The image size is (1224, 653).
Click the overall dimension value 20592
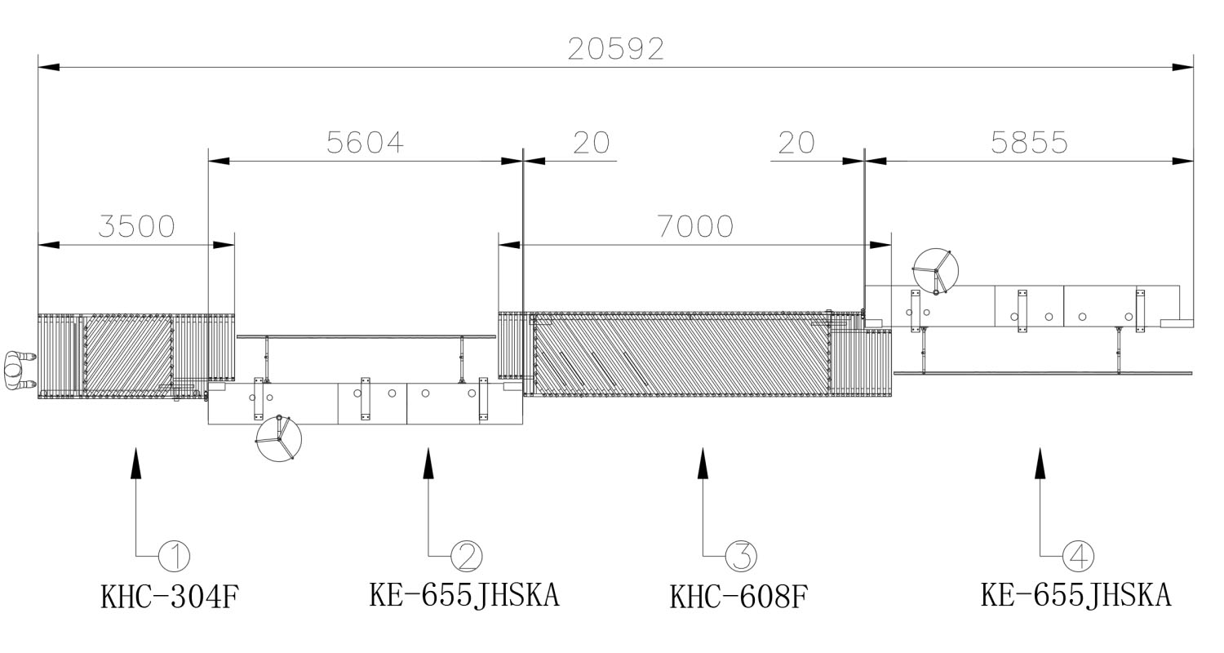(616, 49)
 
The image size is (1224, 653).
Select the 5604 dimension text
(365, 143)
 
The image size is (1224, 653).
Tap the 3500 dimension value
(136, 226)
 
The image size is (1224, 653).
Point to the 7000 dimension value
(695, 226)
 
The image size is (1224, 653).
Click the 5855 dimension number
(1029, 143)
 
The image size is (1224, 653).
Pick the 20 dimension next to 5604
(591, 143)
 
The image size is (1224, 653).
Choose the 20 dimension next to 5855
(796, 143)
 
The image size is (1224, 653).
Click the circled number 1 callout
(174, 557)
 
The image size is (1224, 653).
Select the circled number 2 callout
(467, 557)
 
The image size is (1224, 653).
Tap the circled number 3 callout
(741, 557)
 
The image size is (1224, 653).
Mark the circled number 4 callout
(1078, 557)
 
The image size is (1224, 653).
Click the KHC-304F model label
(170, 597)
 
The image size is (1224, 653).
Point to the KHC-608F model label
(738, 597)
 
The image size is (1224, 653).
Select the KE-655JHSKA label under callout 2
(464, 595)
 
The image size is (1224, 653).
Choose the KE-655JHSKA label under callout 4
(1075, 595)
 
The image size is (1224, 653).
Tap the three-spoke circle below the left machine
(278, 439)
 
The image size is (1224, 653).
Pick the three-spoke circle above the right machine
(935, 271)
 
